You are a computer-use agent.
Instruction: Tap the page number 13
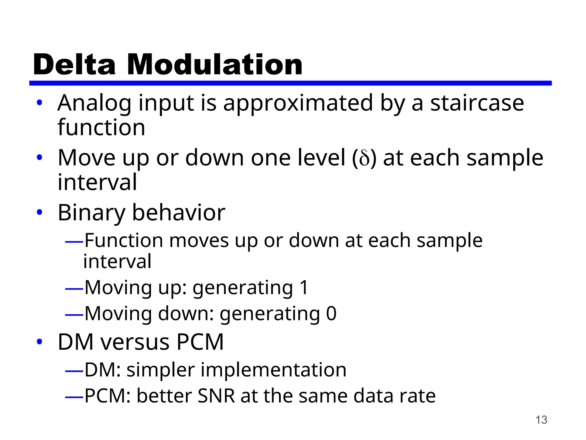click(x=541, y=420)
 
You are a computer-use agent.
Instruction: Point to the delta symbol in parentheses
click(x=364, y=158)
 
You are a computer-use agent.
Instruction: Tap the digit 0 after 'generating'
click(x=331, y=314)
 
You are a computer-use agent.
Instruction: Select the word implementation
click(x=273, y=370)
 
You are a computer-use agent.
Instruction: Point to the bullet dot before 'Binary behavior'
click(x=39, y=213)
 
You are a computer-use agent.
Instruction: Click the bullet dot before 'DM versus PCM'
click(x=39, y=341)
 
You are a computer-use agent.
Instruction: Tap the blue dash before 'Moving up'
click(x=74, y=289)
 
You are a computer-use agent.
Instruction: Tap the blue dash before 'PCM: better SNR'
click(x=74, y=397)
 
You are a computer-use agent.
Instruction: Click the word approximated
click(x=298, y=104)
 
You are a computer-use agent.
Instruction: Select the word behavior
click(x=179, y=213)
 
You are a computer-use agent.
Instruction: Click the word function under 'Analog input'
click(x=101, y=128)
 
